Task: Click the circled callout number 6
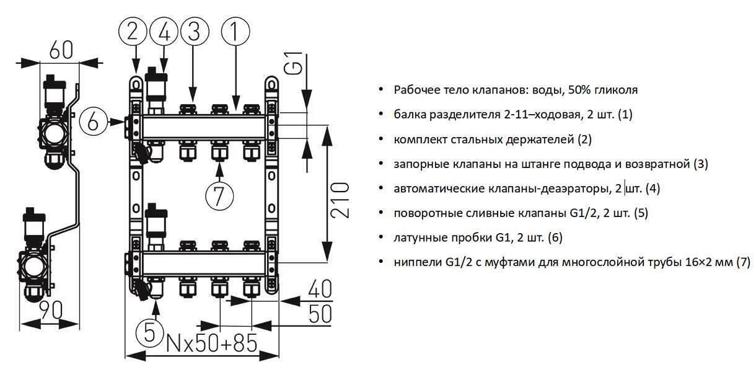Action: (x=94, y=122)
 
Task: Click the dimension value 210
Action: (x=339, y=200)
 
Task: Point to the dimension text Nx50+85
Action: (x=212, y=342)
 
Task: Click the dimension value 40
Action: (x=320, y=290)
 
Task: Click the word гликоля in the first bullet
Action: (x=616, y=90)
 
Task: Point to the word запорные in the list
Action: (x=417, y=164)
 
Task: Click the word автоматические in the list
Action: (x=432, y=188)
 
